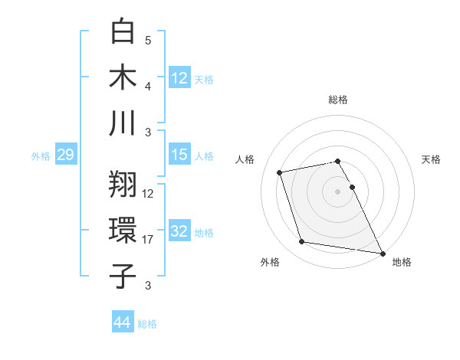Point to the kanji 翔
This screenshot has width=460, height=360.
click(x=123, y=184)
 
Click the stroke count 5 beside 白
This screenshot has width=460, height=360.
click(x=148, y=40)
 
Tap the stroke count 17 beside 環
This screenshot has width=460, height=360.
click(x=148, y=240)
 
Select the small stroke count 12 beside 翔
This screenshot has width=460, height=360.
click(x=148, y=194)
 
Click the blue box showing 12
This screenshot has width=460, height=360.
click(x=179, y=77)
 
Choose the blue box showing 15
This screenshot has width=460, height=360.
click(x=179, y=155)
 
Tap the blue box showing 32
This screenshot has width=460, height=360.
click(x=179, y=232)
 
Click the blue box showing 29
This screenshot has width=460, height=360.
click(x=64, y=155)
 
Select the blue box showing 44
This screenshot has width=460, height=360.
click(x=122, y=323)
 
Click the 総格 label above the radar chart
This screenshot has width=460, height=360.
click(x=338, y=100)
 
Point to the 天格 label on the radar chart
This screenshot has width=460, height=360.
click(x=431, y=159)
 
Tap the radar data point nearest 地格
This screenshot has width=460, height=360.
click(x=383, y=254)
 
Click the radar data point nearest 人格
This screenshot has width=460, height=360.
click(x=280, y=172)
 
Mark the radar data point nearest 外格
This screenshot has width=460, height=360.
click(x=302, y=242)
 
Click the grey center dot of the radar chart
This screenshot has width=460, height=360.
click(x=338, y=191)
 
